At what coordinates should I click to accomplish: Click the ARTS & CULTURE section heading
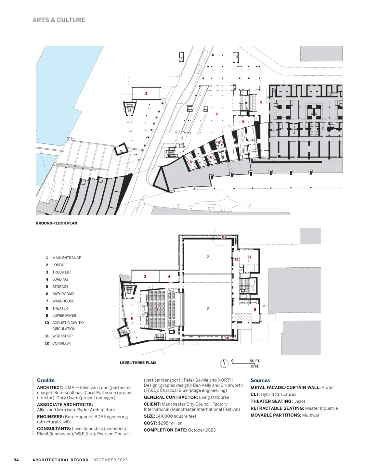click(59, 20)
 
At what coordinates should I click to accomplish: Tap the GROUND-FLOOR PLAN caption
click(57, 223)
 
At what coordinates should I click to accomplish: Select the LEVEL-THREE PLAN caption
click(138, 363)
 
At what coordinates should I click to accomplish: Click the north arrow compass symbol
click(224, 363)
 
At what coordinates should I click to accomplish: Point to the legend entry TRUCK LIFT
click(62, 272)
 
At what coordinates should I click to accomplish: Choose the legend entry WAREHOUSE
click(63, 301)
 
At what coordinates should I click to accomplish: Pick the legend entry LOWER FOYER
click(64, 315)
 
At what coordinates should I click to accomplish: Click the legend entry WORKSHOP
click(62, 336)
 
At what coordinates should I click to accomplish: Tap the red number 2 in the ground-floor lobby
click(217, 114)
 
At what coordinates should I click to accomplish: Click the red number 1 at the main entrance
click(182, 138)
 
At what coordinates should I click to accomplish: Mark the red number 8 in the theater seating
click(157, 309)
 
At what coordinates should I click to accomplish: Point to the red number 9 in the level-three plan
click(132, 319)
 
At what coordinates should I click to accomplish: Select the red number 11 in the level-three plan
click(250, 257)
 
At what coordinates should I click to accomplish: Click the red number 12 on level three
click(236, 259)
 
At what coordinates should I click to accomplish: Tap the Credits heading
click(46, 380)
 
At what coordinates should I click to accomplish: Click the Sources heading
click(260, 380)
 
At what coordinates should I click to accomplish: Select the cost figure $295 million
click(170, 423)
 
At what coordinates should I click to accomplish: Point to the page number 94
click(16, 460)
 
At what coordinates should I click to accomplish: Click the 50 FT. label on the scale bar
click(255, 361)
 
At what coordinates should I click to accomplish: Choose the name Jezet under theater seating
click(300, 401)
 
